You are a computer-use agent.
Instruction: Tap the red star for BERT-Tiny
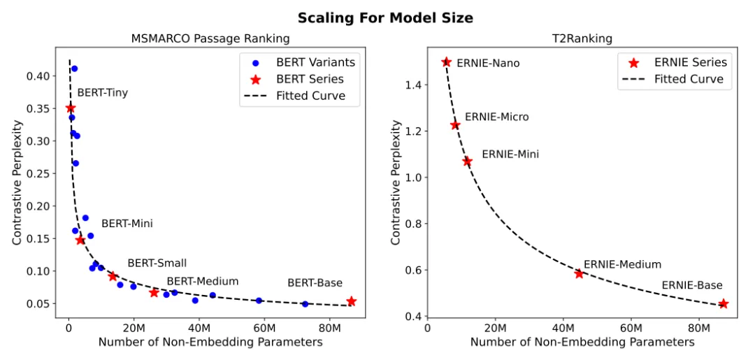70,108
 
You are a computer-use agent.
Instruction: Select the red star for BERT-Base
351,301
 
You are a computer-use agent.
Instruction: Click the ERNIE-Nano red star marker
446,62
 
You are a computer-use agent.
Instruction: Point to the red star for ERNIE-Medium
579,273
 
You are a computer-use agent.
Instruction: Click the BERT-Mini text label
127,224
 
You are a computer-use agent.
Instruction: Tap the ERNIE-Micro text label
496,117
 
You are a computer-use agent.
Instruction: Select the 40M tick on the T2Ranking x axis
563,327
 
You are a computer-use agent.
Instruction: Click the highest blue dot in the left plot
74,69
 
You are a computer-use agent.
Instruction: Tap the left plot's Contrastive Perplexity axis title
17,180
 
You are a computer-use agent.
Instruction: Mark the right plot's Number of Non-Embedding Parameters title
582,343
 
